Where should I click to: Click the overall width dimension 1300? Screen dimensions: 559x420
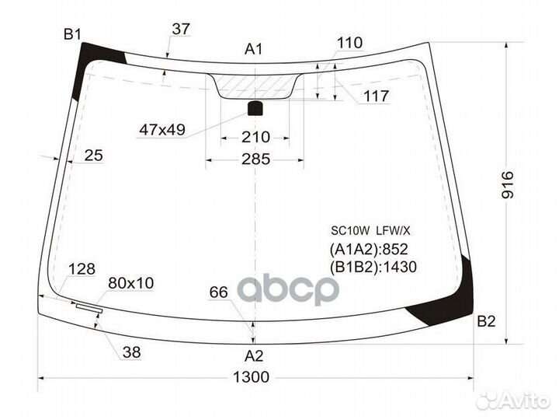(x=251, y=377)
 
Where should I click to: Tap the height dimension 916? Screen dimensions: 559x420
(x=508, y=185)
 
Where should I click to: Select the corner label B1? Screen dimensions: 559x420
(x=72, y=35)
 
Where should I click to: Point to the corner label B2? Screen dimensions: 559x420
(x=486, y=322)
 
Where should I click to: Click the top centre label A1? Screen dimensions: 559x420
(x=253, y=49)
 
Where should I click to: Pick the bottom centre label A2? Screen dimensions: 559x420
(x=254, y=355)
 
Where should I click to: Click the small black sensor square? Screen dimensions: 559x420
(x=255, y=108)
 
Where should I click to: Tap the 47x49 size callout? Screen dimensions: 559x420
(x=162, y=130)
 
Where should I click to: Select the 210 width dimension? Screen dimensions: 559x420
(x=255, y=137)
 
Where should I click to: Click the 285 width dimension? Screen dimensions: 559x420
(x=255, y=159)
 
